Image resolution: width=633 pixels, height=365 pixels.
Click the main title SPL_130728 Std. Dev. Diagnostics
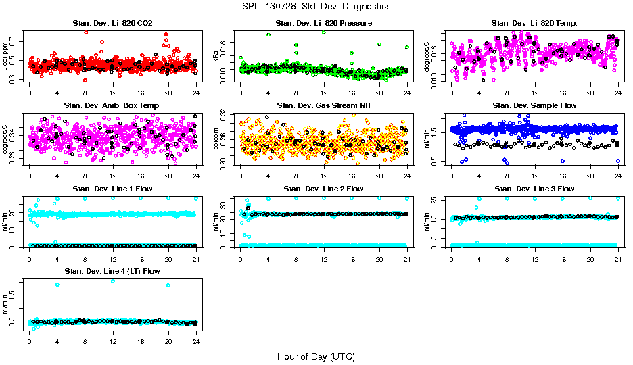[x=316, y=6]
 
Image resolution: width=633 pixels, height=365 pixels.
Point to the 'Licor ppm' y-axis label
[x=5, y=56]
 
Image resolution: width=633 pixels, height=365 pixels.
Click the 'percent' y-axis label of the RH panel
[x=216, y=139]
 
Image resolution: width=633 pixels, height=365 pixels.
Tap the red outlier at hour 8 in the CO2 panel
[x=85, y=32]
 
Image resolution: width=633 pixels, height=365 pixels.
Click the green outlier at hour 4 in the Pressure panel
[x=268, y=34]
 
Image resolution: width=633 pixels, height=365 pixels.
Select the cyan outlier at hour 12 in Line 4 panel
[x=112, y=281]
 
